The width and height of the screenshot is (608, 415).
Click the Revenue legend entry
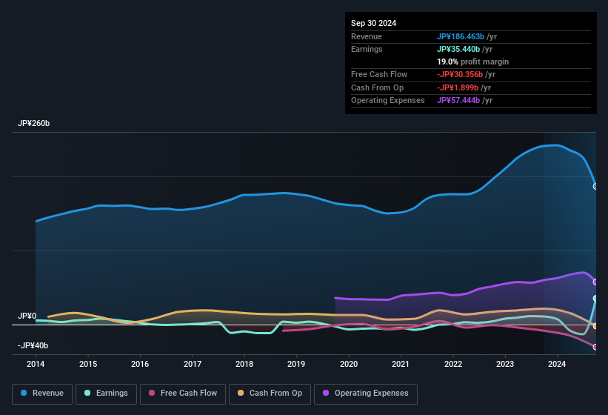coord(41,393)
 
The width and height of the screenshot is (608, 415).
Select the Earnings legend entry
coord(106,393)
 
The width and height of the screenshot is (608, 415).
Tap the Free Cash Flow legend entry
coord(182,393)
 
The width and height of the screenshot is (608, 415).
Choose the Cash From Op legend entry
coord(271,393)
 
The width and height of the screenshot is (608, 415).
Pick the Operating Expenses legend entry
coord(365,393)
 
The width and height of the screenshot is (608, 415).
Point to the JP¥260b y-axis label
coord(34,123)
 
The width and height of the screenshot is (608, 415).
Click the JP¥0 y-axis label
coord(27,316)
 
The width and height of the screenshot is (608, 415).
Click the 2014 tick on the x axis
coord(36,364)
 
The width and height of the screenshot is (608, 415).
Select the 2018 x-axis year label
coord(244,364)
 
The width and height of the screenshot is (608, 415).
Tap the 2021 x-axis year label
coord(401,364)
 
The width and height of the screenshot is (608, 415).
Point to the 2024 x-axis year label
coord(557,364)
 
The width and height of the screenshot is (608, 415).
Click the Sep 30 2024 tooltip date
coord(374,23)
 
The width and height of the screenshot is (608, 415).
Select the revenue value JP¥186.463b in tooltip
coord(461,36)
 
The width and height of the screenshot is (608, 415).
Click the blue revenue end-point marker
coord(595,186)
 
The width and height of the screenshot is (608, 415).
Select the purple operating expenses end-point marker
coord(595,282)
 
